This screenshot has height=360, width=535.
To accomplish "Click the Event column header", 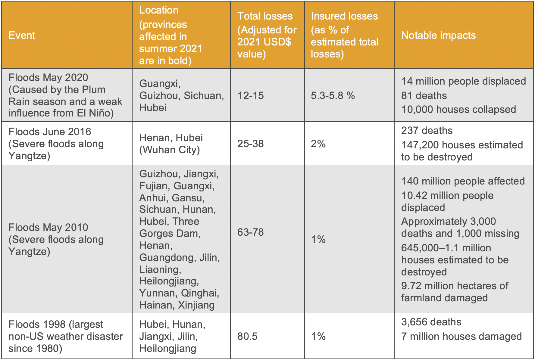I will [22, 36].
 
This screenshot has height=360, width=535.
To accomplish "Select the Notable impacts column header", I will [438, 36].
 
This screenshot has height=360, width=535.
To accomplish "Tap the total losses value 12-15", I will [250, 96].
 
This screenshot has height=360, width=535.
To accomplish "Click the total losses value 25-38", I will [250, 144].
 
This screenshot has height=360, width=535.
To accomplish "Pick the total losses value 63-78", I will [250, 232].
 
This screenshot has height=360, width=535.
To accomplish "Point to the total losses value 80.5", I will [247, 336].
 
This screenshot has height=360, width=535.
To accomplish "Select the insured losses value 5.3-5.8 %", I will [333, 96].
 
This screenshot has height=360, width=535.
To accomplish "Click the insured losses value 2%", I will [318, 144].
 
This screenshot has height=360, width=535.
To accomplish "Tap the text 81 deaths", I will [424, 96].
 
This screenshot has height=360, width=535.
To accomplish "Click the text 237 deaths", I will [427, 131].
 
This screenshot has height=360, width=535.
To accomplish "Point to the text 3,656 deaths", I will [431, 322].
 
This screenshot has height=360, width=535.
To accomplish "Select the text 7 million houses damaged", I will [461, 337].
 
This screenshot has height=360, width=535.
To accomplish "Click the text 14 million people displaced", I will [463, 81].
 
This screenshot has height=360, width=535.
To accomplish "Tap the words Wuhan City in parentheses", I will [170, 150].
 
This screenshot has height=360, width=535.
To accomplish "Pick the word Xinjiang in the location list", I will [196, 305].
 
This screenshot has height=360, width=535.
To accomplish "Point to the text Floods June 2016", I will [50, 132].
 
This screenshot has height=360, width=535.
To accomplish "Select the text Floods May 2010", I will [48, 228].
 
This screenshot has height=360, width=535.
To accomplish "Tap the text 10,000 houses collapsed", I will [458, 110].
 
